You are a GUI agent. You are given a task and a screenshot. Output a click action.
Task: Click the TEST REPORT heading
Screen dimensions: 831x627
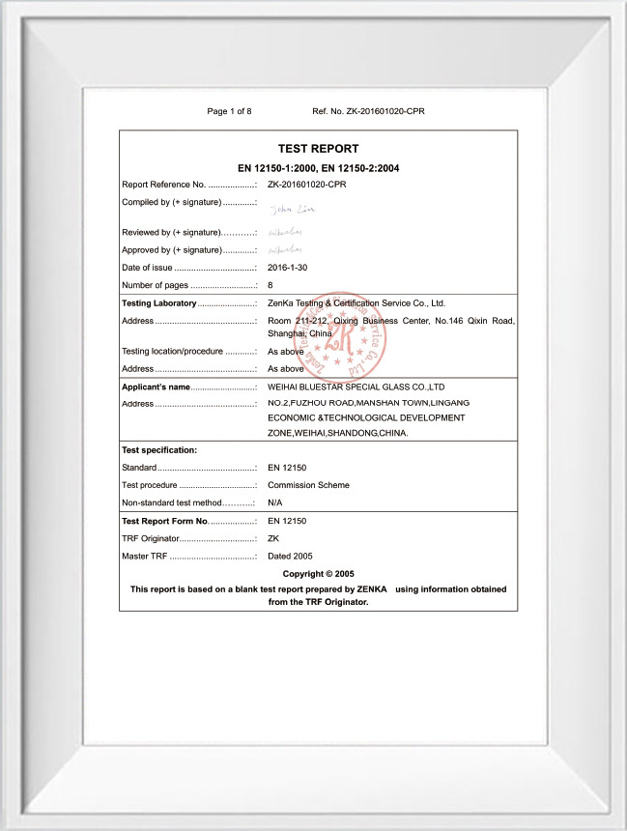click(x=318, y=149)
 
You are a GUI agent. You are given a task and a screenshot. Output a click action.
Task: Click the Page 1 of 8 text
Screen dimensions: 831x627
click(x=230, y=111)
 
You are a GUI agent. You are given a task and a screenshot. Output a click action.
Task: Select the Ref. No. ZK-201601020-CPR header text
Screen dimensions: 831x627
click(x=368, y=111)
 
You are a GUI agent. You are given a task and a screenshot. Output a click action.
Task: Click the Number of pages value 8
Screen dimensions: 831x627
click(x=271, y=285)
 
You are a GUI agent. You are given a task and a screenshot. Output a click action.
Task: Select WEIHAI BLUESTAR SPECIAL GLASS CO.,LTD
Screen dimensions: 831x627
click(x=355, y=387)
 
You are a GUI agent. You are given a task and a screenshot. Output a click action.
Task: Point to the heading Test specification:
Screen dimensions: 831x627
click(x=159, y=450)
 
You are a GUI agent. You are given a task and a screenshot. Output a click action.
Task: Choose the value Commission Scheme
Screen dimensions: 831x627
click(x=308, y=485)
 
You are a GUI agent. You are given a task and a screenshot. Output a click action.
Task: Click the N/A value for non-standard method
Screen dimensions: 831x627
click(x=276, y=502)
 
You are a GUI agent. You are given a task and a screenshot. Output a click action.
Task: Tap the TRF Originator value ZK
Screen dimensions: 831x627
click(x=273, y=538)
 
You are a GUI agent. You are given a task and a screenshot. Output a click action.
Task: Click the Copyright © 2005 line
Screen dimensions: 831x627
click(x=318, y=574)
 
